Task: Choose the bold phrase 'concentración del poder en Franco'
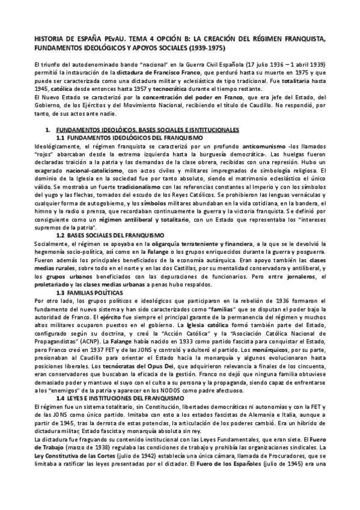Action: coord(185,99)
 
